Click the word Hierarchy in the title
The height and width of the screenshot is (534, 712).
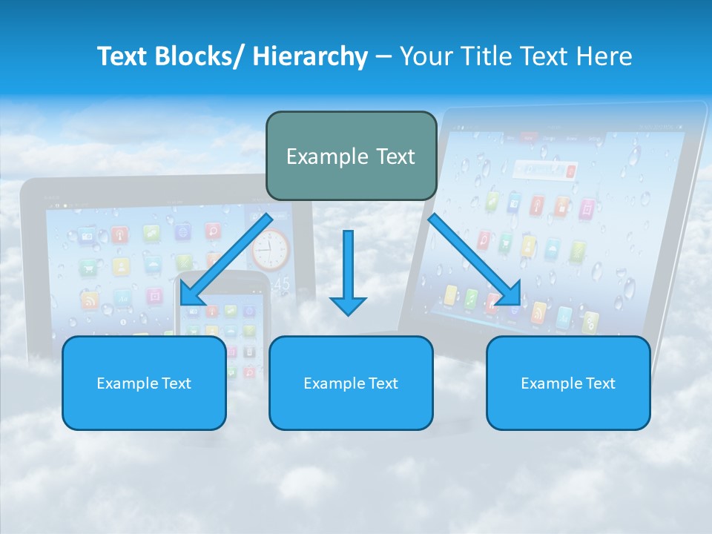click(309, 56)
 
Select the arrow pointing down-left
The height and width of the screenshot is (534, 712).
click(226, 260)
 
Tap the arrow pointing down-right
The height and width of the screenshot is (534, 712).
click(475, 260)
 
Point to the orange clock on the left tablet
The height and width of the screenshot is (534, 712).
click(270, 248)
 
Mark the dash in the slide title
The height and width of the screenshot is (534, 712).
click(383, 57)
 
